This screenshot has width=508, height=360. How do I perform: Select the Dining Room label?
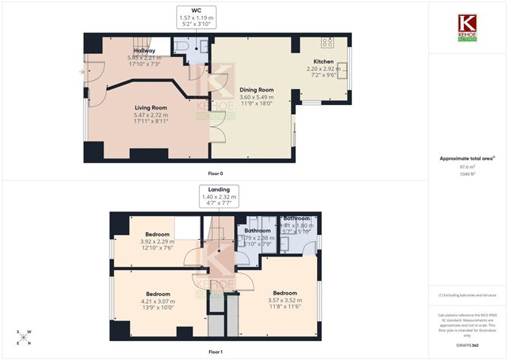coord(256,90)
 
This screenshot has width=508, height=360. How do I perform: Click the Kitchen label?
coord(323,62)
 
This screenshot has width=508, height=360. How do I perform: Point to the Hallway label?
coord(144,50)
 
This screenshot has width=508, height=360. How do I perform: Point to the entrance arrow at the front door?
coord(81,72)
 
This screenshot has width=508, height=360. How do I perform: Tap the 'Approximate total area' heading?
coord(466,158)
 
